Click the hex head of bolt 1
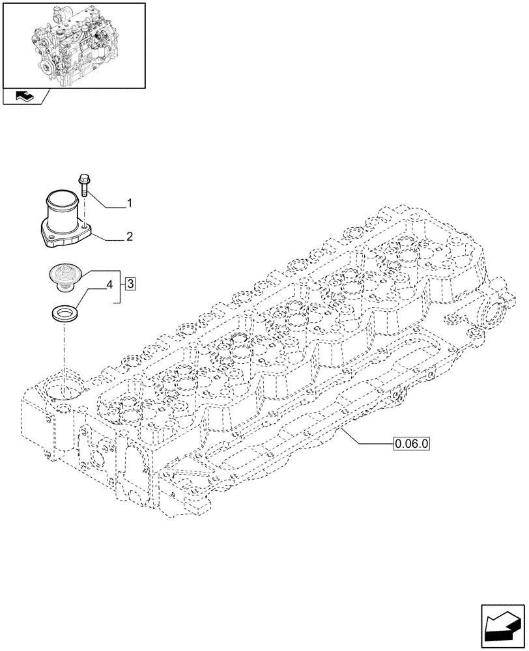[x=85, y=178]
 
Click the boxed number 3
[x=131, y=283]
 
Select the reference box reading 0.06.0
[x=412, y=445]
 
